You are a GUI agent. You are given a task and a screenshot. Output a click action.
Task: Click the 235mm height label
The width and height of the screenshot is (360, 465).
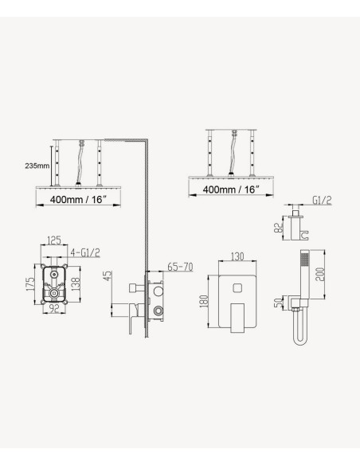point(37,166)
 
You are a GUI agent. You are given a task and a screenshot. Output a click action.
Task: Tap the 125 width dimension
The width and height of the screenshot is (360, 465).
point(54,240)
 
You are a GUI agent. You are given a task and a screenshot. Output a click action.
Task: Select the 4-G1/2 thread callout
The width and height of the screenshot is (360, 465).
point(85,252)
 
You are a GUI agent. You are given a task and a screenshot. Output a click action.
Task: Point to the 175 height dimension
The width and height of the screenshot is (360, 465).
point(30,284)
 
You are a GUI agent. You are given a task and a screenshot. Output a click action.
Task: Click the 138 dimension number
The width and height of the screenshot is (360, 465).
point(76,283)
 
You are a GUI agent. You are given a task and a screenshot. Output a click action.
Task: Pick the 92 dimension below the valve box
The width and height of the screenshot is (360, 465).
point(53,308)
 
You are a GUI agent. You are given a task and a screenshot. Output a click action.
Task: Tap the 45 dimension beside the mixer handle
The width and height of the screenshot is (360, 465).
point(108,275)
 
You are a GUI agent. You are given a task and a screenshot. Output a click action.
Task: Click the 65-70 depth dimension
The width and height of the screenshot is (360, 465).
point(180,267)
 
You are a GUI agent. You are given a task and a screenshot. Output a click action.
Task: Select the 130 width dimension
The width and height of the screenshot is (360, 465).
point(237,256)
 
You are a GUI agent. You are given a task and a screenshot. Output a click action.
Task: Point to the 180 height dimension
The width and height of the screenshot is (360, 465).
point(204,301)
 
